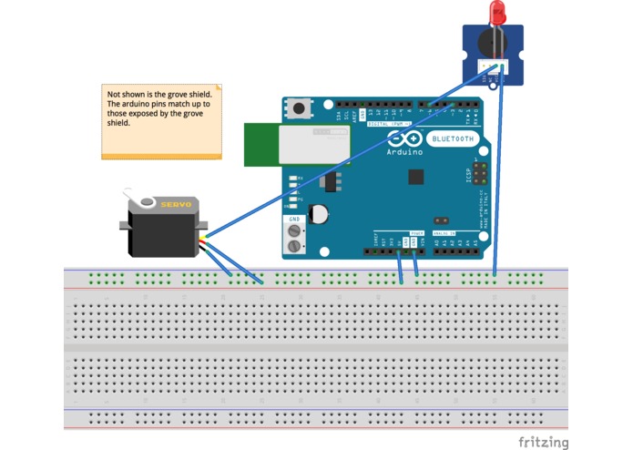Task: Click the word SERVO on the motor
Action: pyautogui.click(x=176, y=205)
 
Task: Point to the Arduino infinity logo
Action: pyautogui.click(x=404, y=139)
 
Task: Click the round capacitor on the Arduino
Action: pyautogui.click(x=319, y=214)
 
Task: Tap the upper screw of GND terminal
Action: pyautogui.click(x=294, y=230)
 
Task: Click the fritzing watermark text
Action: pyautogui.click(x=543, y=441)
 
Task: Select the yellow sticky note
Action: pyautogui.click(x=161, y=122)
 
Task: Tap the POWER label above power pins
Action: pyautogui.click(x=416, y=234)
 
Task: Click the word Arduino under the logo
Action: pyautogui.click(x=405, y=152)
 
